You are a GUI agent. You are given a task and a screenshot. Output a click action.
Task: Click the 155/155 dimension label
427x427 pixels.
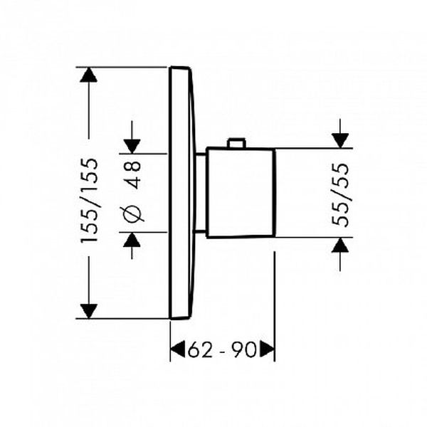pyautogui.click(x=89, y=200)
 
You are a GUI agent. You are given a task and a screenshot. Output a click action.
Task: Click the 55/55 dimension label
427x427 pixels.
pyautogui.click(x=340, y=195)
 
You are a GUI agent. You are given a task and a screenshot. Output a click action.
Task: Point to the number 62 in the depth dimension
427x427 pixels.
pyautogui.click(x=200, y=349)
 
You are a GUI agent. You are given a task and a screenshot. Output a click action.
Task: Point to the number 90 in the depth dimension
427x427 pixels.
pyautogui.click(x=244, y=349)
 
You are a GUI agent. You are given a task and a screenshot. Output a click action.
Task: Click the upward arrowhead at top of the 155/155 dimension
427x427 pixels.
pyautogui.click(x=89, y=75)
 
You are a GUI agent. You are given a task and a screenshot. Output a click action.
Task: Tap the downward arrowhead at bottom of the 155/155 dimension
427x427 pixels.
pyautogui.click(x=89, y=311)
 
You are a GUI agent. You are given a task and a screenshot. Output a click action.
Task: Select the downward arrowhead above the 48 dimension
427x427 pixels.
pyautogui.click(x=132, y=147)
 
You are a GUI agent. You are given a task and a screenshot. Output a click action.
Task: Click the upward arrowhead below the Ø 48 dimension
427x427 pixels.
pyautogui.click(x=132, y=240)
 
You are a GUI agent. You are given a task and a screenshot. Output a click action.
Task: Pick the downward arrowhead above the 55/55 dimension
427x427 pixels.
pyautogui.click(x=340, y=141)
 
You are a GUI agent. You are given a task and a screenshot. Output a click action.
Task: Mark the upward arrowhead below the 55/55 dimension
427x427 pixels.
pyautogui.click(x=340, y=245)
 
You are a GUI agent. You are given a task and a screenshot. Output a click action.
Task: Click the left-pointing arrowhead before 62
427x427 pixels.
pyautogui.click(x=178, y=349)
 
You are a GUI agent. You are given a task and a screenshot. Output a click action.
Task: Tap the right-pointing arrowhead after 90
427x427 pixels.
pyautogui.click(x=267, y=349)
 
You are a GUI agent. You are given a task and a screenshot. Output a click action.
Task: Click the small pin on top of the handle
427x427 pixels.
pyautogui.click(x=237, y=143)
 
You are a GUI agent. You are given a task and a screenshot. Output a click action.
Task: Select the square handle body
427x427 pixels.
pyautogui.click(x=240, y=193)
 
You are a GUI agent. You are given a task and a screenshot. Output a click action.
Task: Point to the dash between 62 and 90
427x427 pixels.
pyautogui.click(x=222, y=352)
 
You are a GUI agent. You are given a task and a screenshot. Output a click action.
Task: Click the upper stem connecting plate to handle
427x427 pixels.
pyautogui.click(x=201, y=154)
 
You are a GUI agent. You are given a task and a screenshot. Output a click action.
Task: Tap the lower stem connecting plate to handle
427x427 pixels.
pyautogui.click(x=200, y=232)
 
